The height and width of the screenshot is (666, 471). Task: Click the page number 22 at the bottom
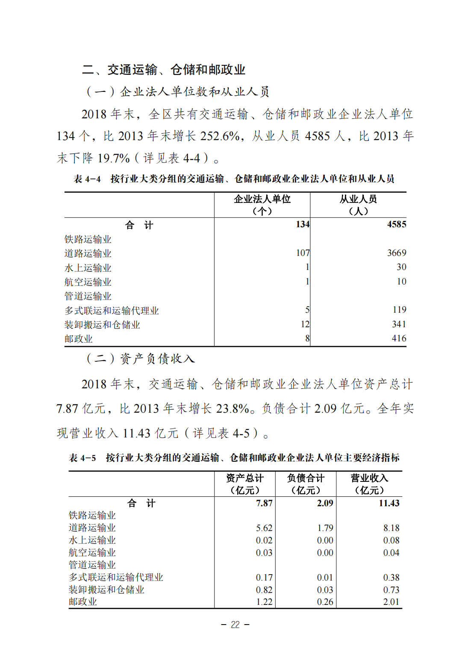(235, 625)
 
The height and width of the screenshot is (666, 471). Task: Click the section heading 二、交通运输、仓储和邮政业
(163, 70)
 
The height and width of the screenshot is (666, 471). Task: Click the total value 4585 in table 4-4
(396, 224)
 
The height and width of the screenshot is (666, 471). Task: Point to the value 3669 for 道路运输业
(396, 253)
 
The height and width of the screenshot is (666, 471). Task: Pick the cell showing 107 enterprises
(303, 253)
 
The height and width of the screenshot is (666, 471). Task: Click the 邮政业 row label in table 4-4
(79, 339)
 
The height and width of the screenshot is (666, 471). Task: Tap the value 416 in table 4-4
(399, 338)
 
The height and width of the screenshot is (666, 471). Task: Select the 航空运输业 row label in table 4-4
(88, 282)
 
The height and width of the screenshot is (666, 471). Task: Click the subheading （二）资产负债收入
(141, 358)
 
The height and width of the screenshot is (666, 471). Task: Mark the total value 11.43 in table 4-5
(389, 503)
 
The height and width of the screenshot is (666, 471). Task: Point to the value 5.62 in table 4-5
(264, 528)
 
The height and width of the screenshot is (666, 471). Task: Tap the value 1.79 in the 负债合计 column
(325, 528)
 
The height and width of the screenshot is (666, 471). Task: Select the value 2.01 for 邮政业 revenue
(391, 602)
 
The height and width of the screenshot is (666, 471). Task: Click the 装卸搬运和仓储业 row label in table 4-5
(106, 590)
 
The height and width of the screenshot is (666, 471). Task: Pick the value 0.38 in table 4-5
(391, 578)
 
